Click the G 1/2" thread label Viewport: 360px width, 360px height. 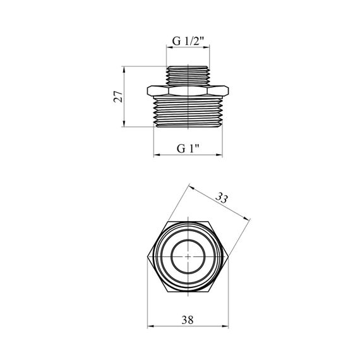pyautogui.click(x=188, y=42)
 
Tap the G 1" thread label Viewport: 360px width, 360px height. pyautogui.click(x=188, y=148)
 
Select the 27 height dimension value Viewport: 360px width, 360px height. pyautogui.click(x=119, y=97)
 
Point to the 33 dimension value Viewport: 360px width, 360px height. pyautogui.click(x=222, y=198)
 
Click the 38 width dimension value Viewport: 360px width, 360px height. pyautogui.click(x=188, y=320)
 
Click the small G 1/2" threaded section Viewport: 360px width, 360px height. pyautogui.click(x=188, y=76)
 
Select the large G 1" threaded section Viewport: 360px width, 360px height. pyautogui.click(x=188, y=112)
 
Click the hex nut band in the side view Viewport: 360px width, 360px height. pyautogui.click(x=188, y=91)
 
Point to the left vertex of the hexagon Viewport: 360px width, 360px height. pyautogui.click(x=147, y=257)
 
